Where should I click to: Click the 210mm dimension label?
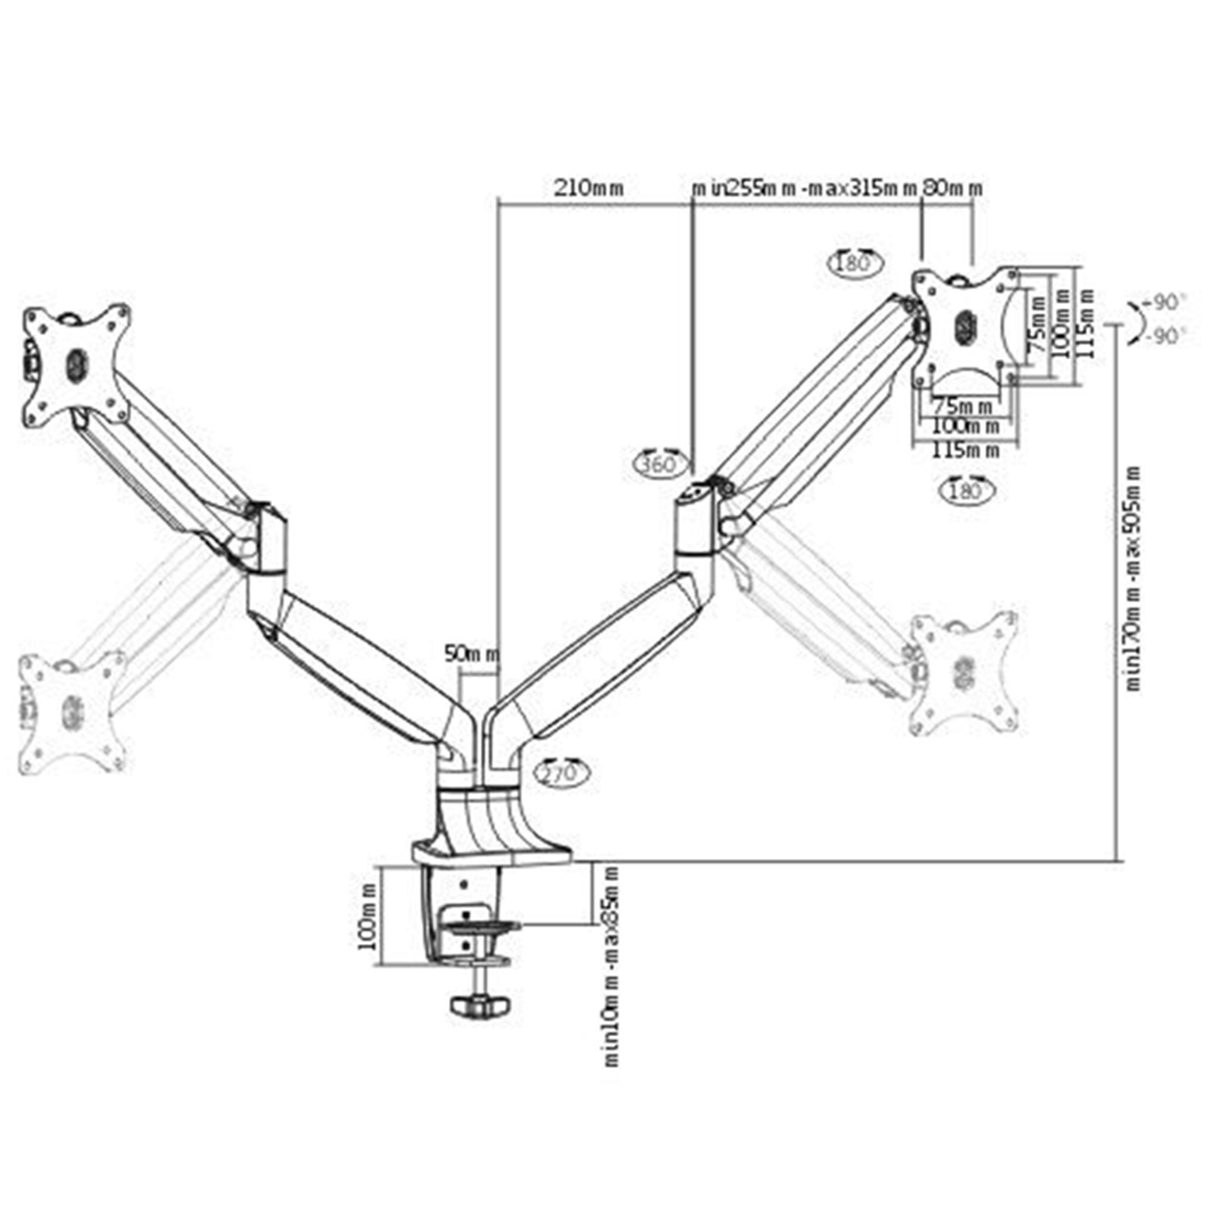coord(588,187)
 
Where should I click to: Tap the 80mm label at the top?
coord(951,187)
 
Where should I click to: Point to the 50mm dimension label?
coord(472,654)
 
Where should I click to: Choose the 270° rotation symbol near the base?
coord(561,773)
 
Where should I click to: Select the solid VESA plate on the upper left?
coord(76,365)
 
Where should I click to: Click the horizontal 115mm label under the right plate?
coord(965,450)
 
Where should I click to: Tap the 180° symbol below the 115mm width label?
coord(966,491)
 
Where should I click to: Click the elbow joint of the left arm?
coord(265,542)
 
